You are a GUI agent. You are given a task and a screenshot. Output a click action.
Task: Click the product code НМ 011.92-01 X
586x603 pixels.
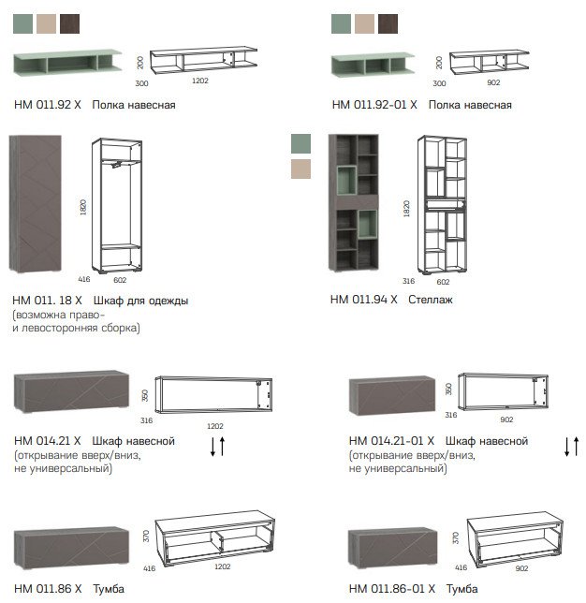pos(374,105)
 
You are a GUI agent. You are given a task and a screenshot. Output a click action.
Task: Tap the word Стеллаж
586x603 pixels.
pos(431,300)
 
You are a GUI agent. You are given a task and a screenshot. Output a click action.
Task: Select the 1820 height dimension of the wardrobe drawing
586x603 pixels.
pos(83,207)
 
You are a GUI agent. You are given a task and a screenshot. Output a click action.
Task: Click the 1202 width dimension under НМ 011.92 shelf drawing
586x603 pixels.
pos(200,81)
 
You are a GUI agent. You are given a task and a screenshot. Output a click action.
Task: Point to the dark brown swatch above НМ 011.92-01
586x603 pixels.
pos(388,23)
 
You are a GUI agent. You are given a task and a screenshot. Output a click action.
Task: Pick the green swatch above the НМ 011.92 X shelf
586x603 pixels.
pos(23,23)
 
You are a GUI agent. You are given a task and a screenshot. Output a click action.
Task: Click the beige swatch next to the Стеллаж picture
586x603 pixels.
pos(300,169)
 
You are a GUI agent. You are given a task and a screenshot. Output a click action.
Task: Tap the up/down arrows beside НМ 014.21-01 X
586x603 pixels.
pos(571,446)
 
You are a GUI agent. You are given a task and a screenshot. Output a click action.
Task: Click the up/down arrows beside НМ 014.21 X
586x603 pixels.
pos(217,446)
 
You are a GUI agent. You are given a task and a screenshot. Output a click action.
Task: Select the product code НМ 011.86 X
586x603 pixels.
pos(48,589)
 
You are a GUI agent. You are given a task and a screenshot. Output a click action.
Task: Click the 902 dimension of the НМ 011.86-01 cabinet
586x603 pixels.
pos(521,568)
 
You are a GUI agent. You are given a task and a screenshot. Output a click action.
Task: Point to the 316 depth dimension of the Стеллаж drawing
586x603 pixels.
pos(408,281)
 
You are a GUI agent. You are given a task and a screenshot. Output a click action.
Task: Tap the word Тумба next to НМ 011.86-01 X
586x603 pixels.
pos(462,589)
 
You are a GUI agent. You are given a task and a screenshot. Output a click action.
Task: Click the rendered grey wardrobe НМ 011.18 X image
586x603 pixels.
pos(36,203)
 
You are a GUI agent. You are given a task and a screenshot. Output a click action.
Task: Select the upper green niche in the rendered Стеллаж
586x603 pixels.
pos(347,181)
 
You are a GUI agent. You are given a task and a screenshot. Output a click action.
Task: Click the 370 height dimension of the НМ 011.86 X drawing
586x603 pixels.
pos(146,537)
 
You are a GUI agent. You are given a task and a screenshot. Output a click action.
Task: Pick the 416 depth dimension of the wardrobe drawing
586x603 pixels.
pos(84,279)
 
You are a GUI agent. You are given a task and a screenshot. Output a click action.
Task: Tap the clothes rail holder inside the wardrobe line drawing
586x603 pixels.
pos(116,165)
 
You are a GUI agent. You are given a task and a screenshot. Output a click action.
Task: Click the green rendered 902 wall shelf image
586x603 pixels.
pos(373,65)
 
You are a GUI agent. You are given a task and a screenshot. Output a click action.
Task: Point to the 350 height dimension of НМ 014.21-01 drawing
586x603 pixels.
pos(448,390)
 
